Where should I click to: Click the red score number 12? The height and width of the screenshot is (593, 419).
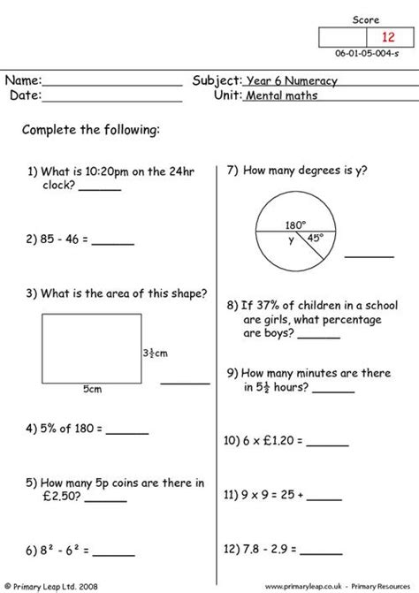coord(388,37)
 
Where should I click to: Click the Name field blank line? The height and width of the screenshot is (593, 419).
coord(112,85)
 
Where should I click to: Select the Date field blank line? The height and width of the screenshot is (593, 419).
coord(112,100)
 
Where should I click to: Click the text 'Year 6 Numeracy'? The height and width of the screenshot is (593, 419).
coord(292,79)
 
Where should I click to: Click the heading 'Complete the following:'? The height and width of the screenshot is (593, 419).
coord(91,131)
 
